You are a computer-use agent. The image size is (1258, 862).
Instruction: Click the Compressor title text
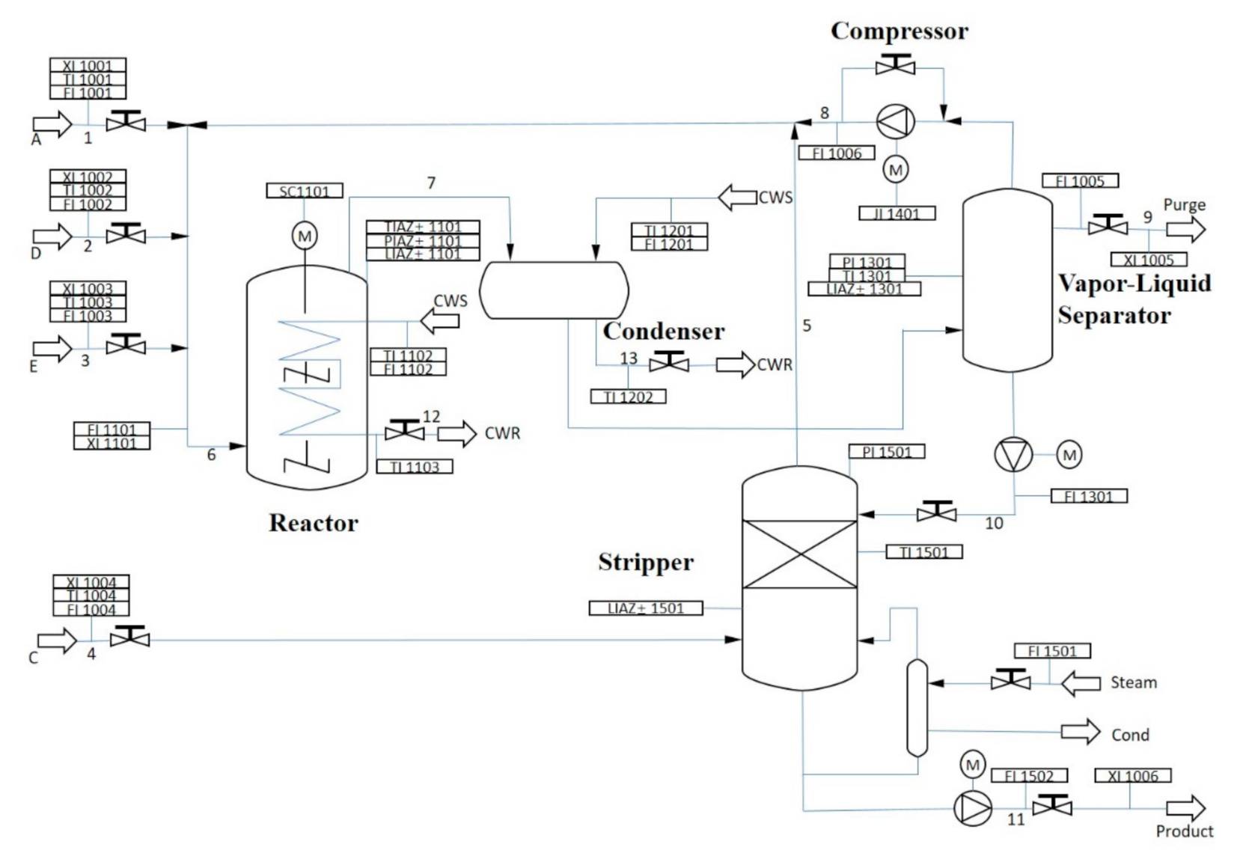[899, 31]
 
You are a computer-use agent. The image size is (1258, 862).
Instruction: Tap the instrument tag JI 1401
[897, 213]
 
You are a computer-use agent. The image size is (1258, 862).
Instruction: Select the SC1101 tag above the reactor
[305, 191]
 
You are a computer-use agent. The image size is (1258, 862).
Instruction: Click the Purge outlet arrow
[1185, 229]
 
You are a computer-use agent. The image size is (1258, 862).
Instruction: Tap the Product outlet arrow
[1185, 809]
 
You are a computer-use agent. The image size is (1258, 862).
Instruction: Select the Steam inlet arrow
[1081, 683]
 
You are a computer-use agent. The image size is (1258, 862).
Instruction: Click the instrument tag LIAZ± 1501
[646, 608]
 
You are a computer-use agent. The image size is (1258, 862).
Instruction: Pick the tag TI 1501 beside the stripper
[924, 552]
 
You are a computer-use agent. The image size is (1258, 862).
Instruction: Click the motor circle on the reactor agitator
[305, 237]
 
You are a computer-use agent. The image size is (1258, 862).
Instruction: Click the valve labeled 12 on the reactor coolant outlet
[404, 431]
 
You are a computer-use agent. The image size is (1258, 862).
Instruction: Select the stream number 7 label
[431, 183]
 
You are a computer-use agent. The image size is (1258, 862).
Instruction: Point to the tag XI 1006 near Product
[1133, 776]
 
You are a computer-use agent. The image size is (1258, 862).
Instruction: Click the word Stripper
[646, 562]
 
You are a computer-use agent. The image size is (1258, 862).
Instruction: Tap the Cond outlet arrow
[1081, 732]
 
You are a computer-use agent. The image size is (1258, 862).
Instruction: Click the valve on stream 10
[936, 513]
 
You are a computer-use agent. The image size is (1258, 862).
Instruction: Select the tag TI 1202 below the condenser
[628, 397]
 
